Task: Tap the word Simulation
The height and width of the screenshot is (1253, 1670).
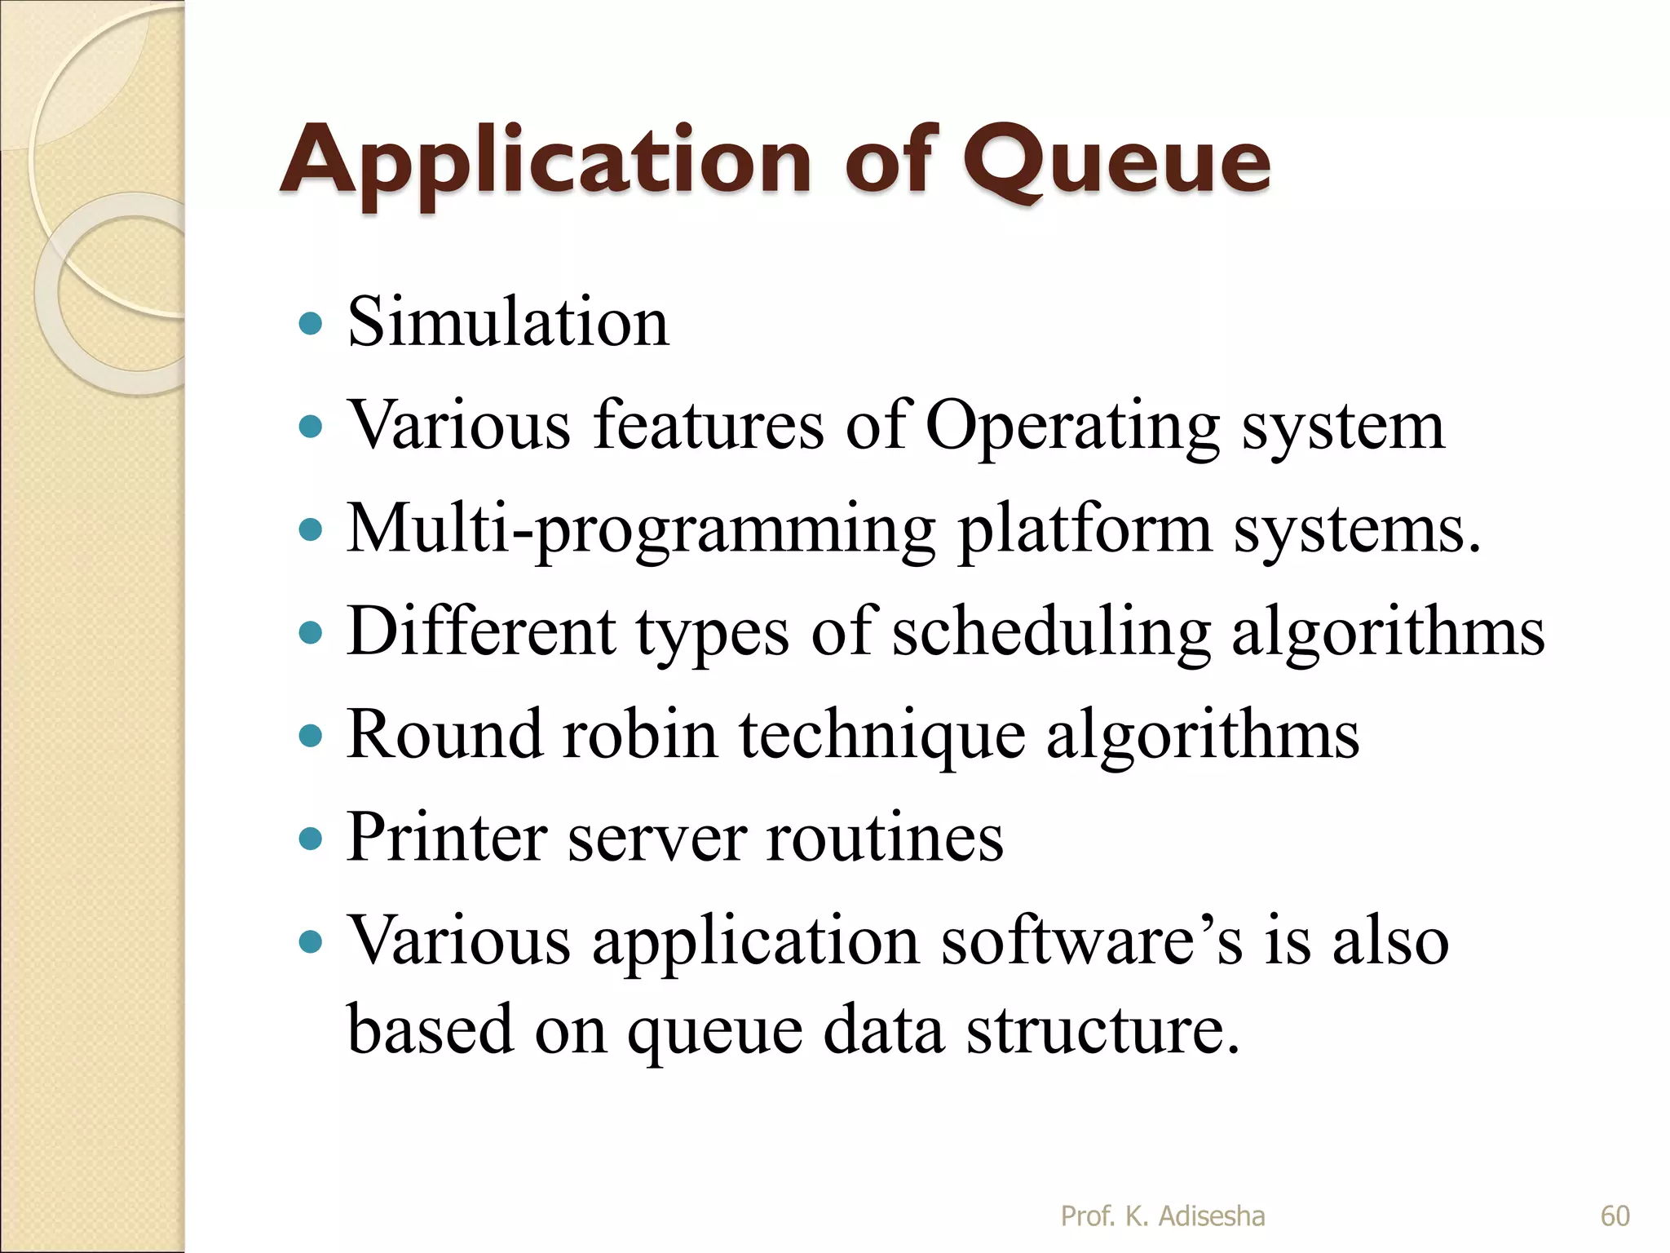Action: pos(508,322)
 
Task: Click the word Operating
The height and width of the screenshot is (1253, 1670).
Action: pos(1071,427)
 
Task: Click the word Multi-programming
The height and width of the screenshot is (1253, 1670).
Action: pos(640,531)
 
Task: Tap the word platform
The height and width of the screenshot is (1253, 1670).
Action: pos(1084,529)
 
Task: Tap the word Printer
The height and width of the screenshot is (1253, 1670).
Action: pos(446,837)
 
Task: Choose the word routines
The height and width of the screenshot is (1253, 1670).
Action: pos(884,839)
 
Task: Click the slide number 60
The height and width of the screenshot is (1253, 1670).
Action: pos(1615,1216)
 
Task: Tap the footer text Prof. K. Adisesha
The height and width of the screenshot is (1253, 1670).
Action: pos(1162,1216)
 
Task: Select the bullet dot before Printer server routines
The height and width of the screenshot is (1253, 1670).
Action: pos(311,839)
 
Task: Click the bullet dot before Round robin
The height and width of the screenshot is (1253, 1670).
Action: pos(311,737)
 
